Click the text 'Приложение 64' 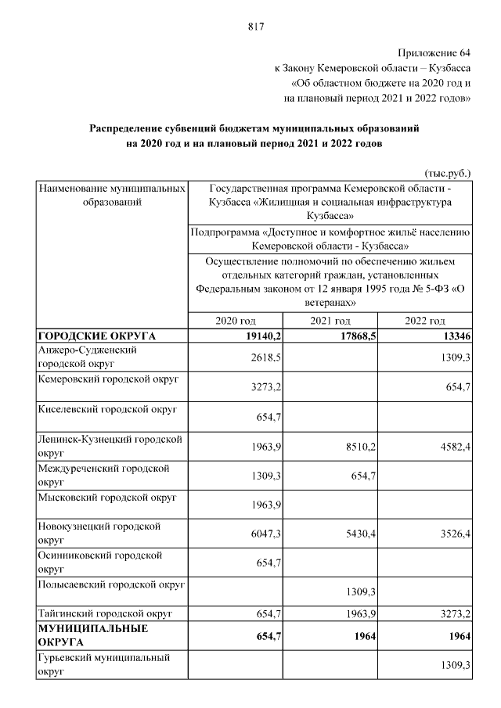(x=434, y=52)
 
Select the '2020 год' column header (x=236, y=321)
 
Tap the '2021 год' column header (x=330, y=321)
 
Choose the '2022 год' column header (x=425, y=321)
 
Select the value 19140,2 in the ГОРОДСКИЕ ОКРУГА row (x=258, y=336)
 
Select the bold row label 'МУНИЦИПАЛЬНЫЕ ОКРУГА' (x=83, y=634)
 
